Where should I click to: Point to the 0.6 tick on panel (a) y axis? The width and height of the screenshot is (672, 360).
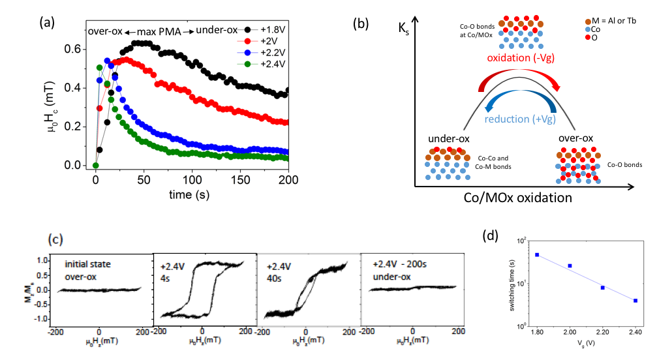[77, 49]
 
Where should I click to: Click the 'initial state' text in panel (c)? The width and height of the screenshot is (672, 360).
[88, 264]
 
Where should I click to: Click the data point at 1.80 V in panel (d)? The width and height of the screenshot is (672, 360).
[537, 254]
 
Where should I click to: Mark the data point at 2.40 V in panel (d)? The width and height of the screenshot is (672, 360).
[635, 301]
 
